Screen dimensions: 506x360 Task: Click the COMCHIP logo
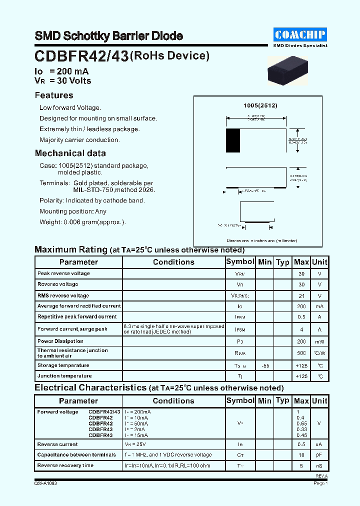[x=300, y=34]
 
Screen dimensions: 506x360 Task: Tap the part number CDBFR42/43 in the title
[x=81, y=56]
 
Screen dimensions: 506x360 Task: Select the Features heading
[x=54, y=95]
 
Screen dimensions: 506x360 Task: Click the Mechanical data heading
[x=70, y=153]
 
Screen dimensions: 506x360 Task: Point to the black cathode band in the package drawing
[x=232, y=140]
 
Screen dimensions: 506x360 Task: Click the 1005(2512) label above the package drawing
[x=260, y=105]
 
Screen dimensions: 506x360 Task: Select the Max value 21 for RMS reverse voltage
[x=301, y=295]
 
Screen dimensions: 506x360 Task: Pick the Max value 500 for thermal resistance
[x=301, y=353]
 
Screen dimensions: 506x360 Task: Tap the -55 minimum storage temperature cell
[x=265, y=365]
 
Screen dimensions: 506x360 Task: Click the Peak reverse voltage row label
[x=63, y=273]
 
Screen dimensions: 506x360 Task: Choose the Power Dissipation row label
[x=60, y=341]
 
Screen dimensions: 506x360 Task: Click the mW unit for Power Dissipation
[x=319, y=342]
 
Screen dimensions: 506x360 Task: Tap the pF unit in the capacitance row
[x=319, y=455]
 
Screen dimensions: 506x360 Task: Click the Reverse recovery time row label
[x=65, y=465]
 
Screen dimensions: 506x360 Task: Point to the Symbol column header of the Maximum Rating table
[x=240, y=261]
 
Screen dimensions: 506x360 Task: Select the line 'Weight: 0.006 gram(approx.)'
[x=82, y=222]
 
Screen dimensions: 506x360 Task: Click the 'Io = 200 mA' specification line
[x=61, y=71]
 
